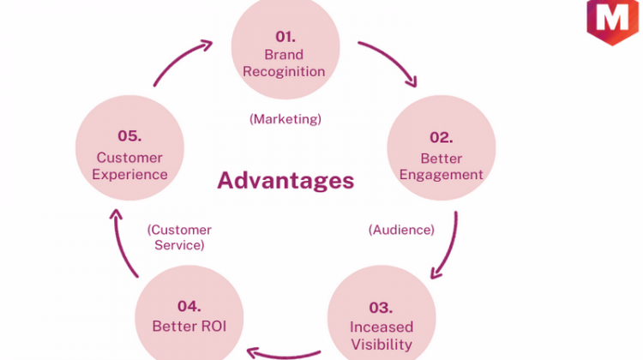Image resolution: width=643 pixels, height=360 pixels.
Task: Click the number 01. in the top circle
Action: coord(285,37)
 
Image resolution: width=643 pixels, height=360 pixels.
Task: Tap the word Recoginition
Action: coord(284,72)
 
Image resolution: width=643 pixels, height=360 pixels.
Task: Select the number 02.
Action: coord(442,137)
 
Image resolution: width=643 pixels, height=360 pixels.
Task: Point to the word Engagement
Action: coord(442,175)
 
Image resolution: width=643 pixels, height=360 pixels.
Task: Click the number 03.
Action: coord(381,308)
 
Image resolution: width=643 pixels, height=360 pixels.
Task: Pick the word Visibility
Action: coord(382,345)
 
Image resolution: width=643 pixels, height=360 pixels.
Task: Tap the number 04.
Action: coord(189,306)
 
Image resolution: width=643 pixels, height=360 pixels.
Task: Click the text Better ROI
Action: coord(189,327)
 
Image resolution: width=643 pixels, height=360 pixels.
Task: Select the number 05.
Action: coord(129,135)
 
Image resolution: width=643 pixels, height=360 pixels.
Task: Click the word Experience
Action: coord(129,175)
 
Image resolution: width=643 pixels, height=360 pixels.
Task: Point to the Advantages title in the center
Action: coord(285,180)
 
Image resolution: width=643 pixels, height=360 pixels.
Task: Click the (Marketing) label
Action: coord(285,119)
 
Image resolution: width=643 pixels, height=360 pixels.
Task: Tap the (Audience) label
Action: coord(401,230)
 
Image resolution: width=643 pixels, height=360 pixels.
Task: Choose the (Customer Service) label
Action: coord(179,237)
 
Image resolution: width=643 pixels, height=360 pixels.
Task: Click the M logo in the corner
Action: coord(613,21)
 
